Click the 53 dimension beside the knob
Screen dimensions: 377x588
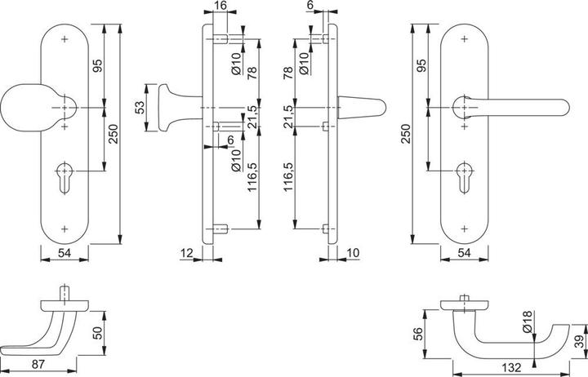(x=140, y=106)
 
